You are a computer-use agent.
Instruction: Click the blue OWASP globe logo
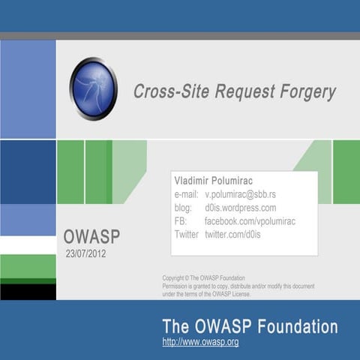tap(94, 88)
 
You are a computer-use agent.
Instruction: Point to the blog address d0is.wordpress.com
tap(240, 208)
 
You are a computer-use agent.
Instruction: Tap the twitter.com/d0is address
tap(232, 235)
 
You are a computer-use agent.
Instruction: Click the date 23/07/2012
tap(87, 253)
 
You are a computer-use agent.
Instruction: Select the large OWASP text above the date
tap(91, 237)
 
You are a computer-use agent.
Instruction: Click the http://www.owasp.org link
tap(200, 342)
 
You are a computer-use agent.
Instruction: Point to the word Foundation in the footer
tap(295, 326)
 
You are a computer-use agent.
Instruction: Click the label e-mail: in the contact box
tap(186, 195)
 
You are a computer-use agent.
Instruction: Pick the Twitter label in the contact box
tap(186, 235)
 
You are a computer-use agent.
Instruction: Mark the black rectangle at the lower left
tap(28, 292)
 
